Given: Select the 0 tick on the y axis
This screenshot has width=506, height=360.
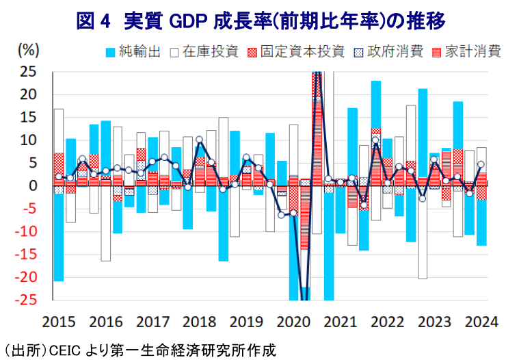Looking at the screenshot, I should click(31, 185).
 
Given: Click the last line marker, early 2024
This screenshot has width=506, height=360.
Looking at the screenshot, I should click(481, 164).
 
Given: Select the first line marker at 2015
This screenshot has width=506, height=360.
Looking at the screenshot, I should click(59, 177).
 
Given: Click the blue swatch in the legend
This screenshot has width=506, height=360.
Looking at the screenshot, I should click(109, 52).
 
